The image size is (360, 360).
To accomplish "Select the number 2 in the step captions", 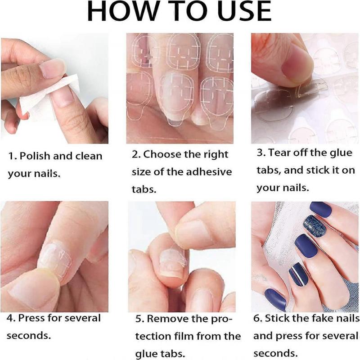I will click(135, 154).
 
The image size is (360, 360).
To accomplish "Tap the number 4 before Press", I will click(10, 318).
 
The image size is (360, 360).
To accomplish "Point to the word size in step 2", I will click(141, 172).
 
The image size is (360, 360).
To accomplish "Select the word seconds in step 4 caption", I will click(28, 336).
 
